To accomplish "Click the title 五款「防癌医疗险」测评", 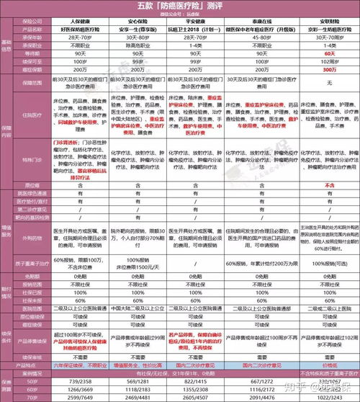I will [x=179, y=6].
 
